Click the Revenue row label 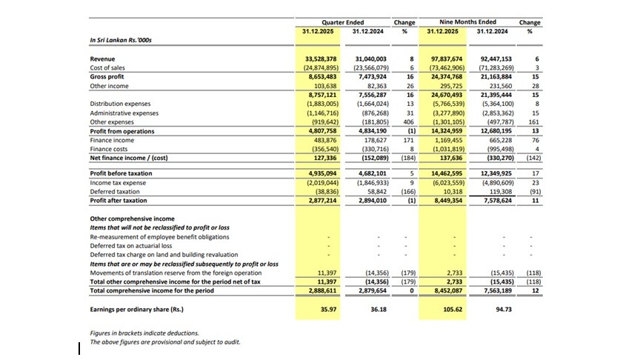pos(102,58)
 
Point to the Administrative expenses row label pos(124,113)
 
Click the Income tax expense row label pos(117,181)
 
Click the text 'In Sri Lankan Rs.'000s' pos(120,40)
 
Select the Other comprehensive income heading pos(132,219)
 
